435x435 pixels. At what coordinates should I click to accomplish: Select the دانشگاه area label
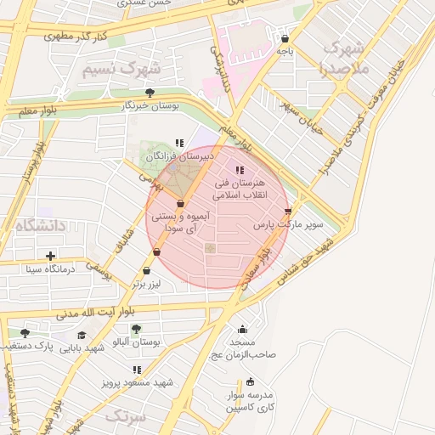coord(40,225)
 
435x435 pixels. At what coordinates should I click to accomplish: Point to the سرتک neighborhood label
coord(127,416)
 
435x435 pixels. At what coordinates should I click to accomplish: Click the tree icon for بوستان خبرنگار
coord(150,93)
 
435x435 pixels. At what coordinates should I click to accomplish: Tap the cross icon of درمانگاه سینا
coord(51,256)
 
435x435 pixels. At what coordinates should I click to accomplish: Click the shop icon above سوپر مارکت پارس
coord(287,211)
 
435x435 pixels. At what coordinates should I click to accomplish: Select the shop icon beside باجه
coord(285,38)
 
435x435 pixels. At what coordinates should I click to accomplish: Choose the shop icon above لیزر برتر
coord(147,271)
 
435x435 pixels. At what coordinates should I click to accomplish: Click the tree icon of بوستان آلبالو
coord(137,328)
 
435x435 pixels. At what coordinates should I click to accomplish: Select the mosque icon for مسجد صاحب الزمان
coord(242,330)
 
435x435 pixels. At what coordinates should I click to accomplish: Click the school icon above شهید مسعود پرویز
coord(137,370)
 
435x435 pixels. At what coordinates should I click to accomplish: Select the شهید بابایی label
coord(82,348)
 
